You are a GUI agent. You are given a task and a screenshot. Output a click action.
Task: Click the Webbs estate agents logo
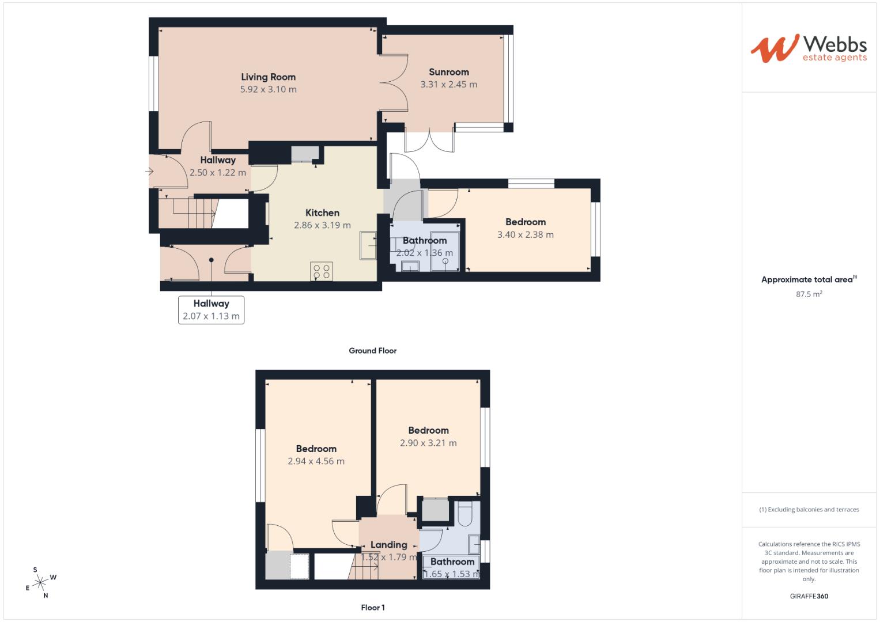(x=808, y=48)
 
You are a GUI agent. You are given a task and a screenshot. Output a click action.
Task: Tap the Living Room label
(x=268, y=77)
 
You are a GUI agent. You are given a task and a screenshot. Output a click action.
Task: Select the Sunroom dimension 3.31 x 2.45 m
(x=448, y=85)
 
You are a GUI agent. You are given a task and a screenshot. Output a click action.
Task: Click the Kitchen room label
(x=322, y=213)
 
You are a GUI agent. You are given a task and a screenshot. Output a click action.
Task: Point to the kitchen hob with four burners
(x=321, y=271)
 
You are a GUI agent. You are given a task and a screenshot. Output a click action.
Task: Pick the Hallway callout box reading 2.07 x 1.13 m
(x=211, y=310)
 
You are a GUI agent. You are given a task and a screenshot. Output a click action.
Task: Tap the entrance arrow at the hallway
(x=149, y=171)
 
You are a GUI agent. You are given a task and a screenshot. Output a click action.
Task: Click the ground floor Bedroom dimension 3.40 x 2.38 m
(x=525, y=235)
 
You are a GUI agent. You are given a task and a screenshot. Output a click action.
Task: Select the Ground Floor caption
(x=372, y=351)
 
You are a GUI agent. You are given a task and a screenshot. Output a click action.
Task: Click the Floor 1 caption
(x=372, y=608)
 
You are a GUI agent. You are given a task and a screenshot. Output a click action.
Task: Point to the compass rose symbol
(x=40, y=583)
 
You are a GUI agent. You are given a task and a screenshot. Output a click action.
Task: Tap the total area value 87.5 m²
(x=809, y=294)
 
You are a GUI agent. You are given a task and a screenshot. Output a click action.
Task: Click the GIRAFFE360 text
(x=809, y=596)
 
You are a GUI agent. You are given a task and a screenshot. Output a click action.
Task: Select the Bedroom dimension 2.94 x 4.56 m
(x=316, y=461)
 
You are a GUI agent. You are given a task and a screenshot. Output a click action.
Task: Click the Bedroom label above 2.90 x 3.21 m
(x=428, y=431)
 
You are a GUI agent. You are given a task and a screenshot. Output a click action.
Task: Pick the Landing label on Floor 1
(x=388, y=545)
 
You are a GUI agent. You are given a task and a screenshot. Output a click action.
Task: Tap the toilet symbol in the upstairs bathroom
(x=464, y=514)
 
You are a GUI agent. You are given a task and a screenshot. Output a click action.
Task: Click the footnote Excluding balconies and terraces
(x=809, y=510)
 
